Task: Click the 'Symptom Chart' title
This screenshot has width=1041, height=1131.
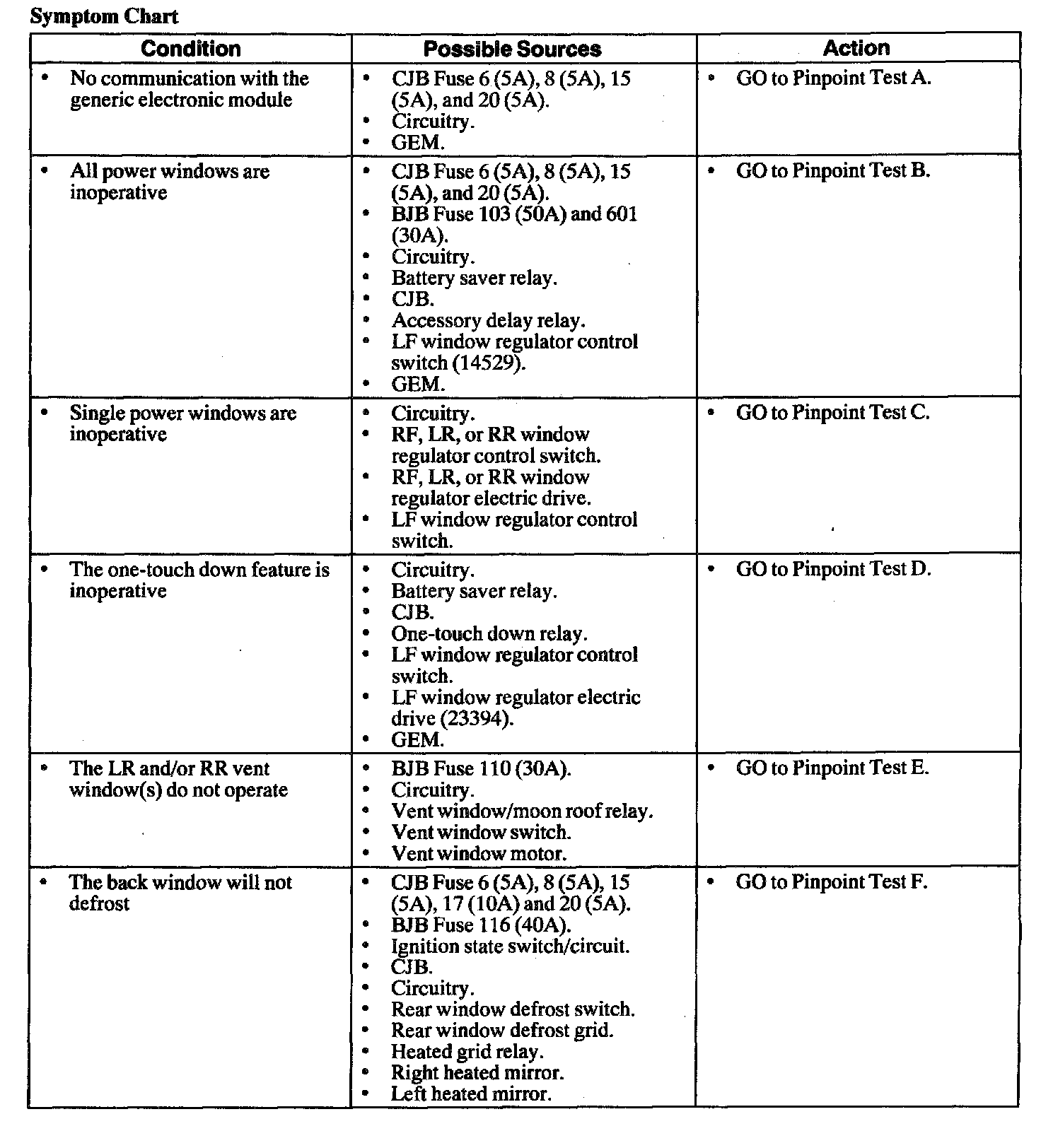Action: click(104, 16)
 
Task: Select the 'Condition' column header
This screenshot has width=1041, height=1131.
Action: click(190, 49)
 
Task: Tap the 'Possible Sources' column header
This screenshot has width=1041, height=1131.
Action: click(512, 49)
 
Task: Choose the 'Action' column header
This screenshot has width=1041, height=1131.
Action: click(856, 48)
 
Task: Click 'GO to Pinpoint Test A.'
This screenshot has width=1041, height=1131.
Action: click(833, 78)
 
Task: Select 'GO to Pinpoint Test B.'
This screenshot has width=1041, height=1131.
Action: click(833, 171)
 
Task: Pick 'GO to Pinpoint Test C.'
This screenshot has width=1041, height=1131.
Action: click(832, 413)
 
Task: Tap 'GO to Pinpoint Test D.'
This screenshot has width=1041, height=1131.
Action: click(833, 570)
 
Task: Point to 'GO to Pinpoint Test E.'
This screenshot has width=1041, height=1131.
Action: click(832, 768)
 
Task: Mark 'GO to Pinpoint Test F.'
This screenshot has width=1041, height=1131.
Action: click(831, 882)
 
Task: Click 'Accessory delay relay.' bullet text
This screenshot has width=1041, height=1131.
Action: click(488, 321)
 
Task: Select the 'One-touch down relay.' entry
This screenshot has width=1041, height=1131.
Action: click(489, 634)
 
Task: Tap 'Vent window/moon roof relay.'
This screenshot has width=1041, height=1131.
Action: click(522, 811)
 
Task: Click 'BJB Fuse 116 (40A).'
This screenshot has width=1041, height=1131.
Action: click(481, 925)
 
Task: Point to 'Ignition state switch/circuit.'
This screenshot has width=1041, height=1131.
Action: click(510, 947)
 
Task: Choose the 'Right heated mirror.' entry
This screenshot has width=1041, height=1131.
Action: click(477, 1073)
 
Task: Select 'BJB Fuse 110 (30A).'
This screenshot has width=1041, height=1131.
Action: click(481, 769)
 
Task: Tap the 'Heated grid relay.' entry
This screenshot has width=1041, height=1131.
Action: click(467, 1052)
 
